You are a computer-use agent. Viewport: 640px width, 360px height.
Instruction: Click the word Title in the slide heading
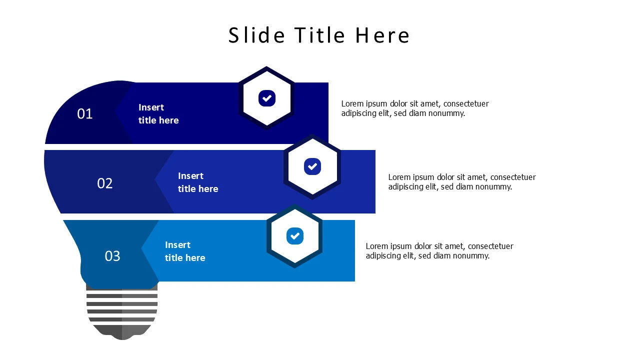(x=319, y=35)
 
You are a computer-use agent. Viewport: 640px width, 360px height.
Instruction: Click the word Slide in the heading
(x=256, y=35)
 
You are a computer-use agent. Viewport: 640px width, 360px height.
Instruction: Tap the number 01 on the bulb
(x=85, y=113)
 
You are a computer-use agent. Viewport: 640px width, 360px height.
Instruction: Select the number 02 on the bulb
(x=105, y=183)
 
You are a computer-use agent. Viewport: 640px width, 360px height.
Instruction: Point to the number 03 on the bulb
(x=112, y=256)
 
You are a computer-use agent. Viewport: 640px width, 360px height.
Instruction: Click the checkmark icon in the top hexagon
(x=267, y=98)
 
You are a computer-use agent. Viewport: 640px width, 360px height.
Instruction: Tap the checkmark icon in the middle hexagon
(x=312, y=166)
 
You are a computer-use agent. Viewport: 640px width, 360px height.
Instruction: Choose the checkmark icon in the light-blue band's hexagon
(x=295, y=236)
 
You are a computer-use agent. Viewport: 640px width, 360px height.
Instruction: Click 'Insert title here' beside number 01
(x=158, y=113)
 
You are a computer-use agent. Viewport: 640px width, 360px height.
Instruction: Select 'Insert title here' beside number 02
(x=198, y=182)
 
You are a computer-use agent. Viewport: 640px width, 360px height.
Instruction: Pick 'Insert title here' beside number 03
(x=185, y=251)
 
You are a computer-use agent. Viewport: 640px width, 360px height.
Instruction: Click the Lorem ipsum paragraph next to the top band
(x=415, y=108)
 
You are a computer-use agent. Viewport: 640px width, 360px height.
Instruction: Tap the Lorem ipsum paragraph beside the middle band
(x=462, y=181)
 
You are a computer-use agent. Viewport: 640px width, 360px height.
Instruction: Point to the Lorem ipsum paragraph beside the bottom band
(x=439, y=251)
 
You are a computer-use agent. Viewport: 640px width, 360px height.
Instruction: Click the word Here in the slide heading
(x=382, y=35)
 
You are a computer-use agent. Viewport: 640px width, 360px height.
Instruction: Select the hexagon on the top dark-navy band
(x=267, y=98)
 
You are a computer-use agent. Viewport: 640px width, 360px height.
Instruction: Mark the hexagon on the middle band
(x=312, y=166)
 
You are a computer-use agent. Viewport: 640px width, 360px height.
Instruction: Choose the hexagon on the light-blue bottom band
(x=294, y=236)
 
